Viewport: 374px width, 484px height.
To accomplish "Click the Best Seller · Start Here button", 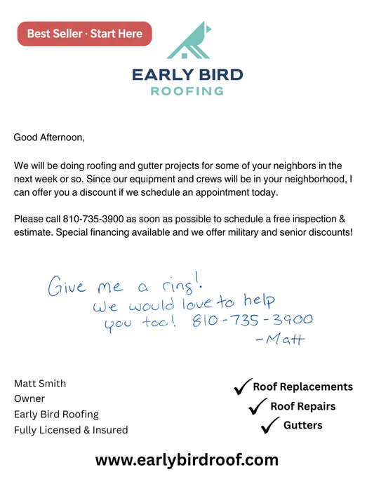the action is tap(84, 34).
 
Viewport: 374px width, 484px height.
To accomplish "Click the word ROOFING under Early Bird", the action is tap(187, 91).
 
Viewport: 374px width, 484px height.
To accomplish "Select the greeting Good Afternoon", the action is tap(49, 137).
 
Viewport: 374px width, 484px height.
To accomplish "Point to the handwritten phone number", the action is tap(251, 321).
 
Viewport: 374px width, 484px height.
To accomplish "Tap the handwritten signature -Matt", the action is tap(281, 340).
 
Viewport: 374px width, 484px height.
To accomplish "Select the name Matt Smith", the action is tap(40, 384).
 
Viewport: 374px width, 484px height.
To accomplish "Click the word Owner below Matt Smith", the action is tap(29, 399).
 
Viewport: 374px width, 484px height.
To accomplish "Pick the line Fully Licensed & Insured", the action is tap(71, 430).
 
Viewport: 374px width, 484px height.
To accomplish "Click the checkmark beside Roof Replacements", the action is tap(243, 386).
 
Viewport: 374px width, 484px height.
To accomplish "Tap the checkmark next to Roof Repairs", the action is tap(260, 405).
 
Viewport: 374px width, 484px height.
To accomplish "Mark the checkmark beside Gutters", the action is tap(269, 425).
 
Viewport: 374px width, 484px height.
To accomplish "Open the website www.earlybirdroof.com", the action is tap(187, 460).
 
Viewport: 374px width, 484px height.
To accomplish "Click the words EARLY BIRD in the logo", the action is tap(187, 74).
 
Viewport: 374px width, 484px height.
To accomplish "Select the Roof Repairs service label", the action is tap(302, 406).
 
